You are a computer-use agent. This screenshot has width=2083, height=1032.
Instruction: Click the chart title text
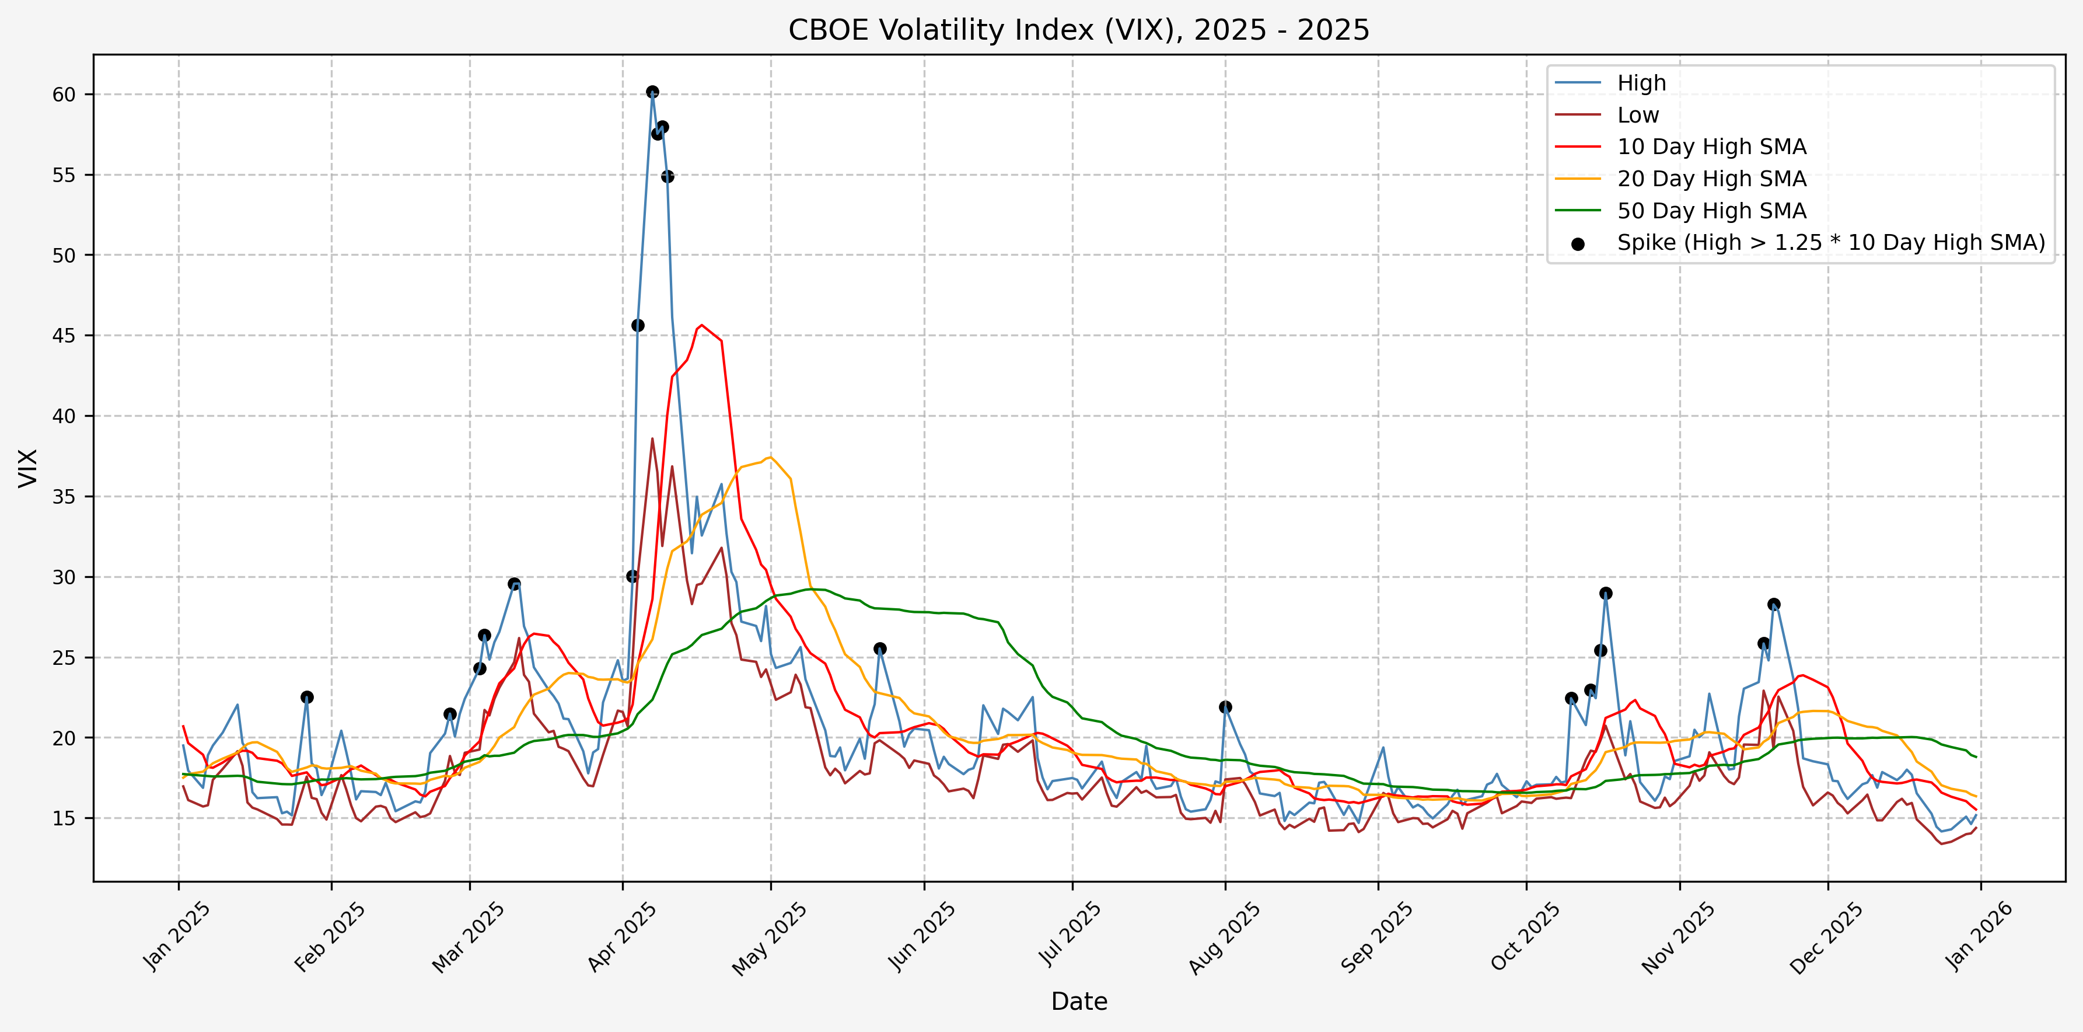point(1079,30)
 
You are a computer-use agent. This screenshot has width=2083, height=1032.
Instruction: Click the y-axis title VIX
point(27,468)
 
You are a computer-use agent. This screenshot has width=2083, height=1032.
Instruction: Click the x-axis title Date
point(1079,1001)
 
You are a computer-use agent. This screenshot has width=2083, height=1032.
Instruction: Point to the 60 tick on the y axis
point(63,95)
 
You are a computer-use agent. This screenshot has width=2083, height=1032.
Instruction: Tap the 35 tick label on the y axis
point(63,497)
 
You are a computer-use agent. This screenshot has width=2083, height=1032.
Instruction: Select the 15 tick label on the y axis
point(63,818)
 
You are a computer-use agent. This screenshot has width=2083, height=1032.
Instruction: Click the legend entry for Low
point(1637,115)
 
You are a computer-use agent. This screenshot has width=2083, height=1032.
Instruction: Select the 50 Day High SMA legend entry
point(1711,210)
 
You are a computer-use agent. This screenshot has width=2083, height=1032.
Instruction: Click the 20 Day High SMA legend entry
point(1711,179)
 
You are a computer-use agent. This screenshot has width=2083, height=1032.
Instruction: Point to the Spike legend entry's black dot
point(1578,243)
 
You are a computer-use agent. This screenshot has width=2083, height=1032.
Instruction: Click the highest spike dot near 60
point(652,92)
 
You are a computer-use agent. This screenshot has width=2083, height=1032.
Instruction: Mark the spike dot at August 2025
point(1225,707)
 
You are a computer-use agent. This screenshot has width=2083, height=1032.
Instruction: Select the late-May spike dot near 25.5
point(880,649)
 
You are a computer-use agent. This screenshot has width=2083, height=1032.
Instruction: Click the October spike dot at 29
point(1606,593)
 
